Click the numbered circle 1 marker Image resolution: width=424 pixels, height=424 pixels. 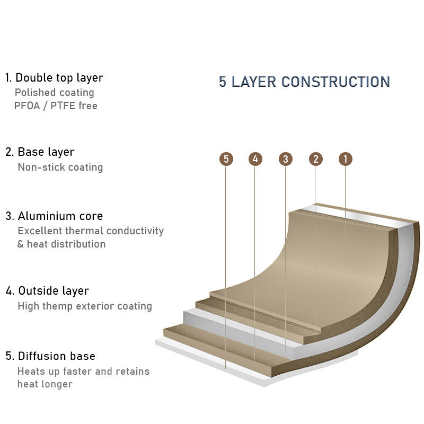346,159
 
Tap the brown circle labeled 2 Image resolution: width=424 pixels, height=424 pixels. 315,159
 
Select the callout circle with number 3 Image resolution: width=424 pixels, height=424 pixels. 286,159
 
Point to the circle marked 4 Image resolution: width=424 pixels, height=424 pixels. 255,158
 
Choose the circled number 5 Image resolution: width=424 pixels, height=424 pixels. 226,159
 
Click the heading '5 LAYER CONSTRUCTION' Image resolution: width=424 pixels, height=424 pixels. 304,82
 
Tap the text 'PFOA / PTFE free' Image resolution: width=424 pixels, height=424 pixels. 56,105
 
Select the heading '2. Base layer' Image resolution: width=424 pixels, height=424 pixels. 40,152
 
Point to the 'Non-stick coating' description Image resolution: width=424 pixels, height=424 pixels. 60,167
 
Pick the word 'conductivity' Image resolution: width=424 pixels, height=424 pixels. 135,231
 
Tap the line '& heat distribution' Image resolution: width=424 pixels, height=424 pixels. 61,244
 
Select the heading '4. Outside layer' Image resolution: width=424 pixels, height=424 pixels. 47,290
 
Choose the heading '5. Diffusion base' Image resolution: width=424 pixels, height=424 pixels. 50,356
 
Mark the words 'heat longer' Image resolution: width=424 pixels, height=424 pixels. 45,384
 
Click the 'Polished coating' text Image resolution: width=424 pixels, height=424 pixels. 55,92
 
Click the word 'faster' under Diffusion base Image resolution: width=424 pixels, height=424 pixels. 77,372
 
